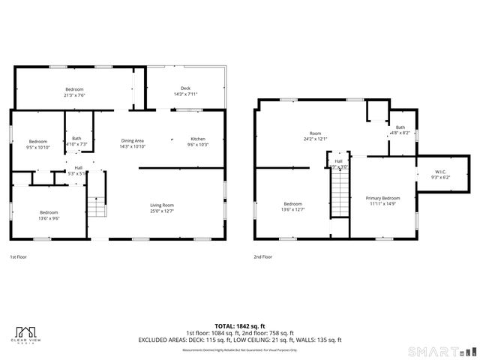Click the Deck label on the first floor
click(184, 88)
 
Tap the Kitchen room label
click(197, 139)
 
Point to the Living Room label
click(163, 205)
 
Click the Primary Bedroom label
click(382, 198)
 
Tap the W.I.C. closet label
click(440, 172)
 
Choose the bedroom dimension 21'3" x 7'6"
click(74, 95)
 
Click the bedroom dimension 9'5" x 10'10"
click(37, 148)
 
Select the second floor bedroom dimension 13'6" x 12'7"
click(292, 209)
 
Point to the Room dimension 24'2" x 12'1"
click(315, 139)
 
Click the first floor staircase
click(96, 205)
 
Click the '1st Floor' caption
click(19, 256)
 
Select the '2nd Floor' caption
click(262, 256)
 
